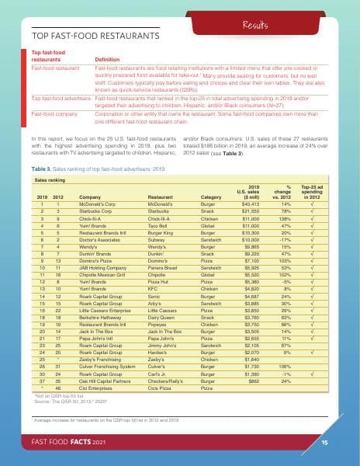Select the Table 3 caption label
point(41,168)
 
